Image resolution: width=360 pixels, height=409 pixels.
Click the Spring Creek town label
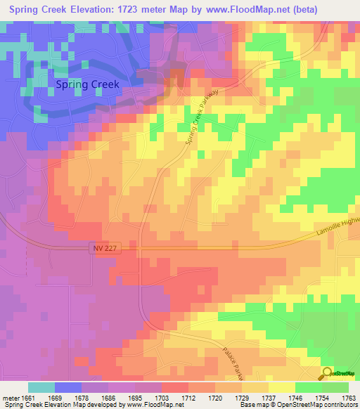(x=87, y=84)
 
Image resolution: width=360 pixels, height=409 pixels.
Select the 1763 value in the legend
(x=348, y=398)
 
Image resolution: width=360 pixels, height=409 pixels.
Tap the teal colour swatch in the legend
(x=41, y=387)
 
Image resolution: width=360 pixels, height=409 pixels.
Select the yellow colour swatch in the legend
(x=281, y=387)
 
